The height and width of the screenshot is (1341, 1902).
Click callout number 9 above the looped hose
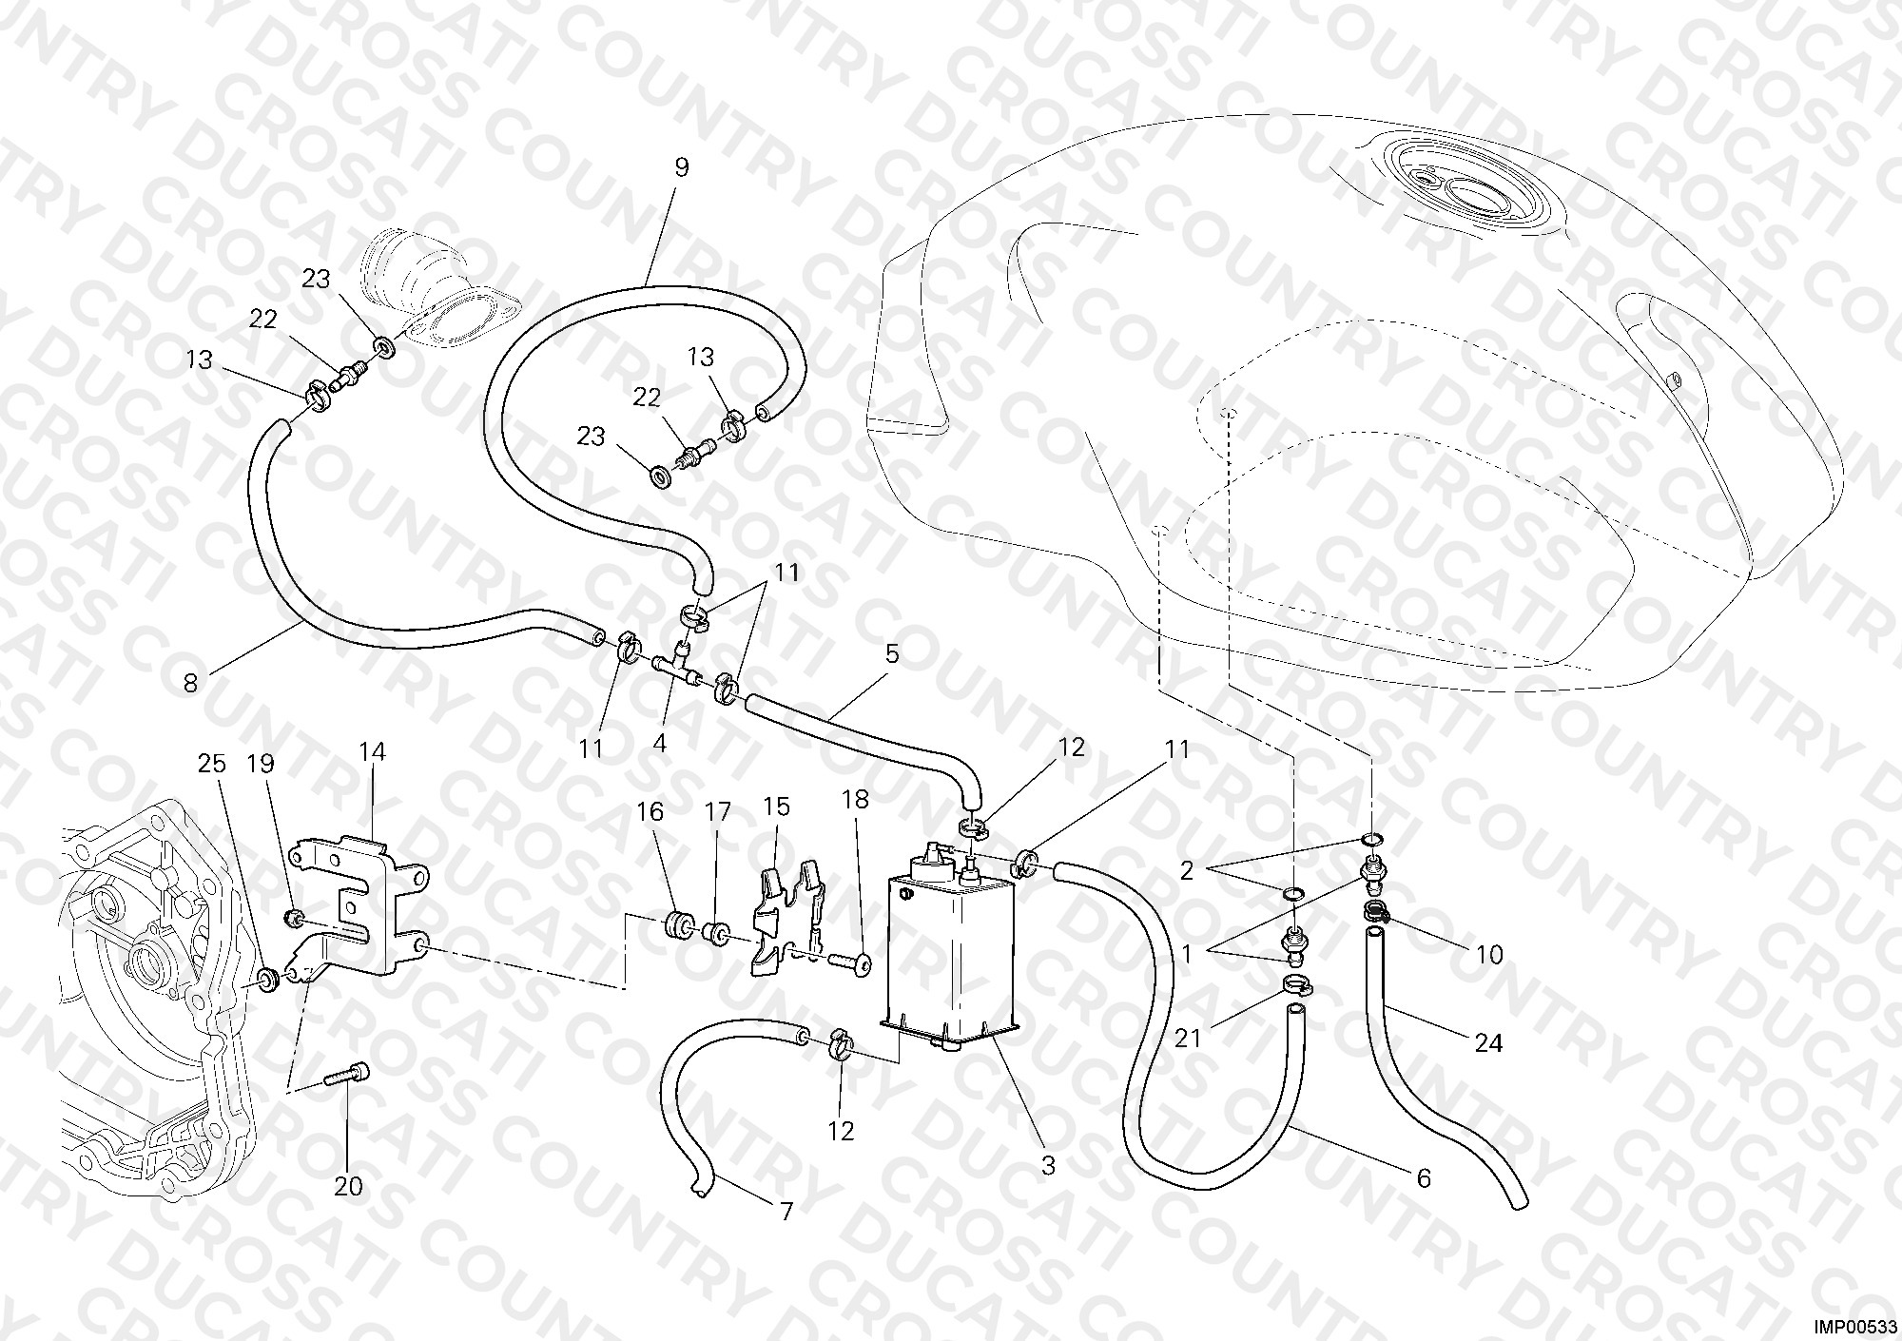(681, 167)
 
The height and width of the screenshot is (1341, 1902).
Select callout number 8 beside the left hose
(191, 683)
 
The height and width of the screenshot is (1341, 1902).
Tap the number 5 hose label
(891, 654)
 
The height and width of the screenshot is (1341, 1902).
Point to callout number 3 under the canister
(1048, 1166)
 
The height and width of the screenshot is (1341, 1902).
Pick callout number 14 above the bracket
(372, 752)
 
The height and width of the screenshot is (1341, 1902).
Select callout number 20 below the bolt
(348, 1187)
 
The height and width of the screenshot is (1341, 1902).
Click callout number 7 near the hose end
(786, 1212)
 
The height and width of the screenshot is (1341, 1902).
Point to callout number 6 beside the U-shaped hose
(1424, 1178)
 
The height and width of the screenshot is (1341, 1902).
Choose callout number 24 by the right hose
(1488, 1043)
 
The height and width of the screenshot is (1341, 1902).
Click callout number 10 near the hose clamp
(1489, 954)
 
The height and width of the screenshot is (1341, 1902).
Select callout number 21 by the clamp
(1188, 1039)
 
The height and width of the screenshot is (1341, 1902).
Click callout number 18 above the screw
(856, 800)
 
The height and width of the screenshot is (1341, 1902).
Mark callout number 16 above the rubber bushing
(650, 811)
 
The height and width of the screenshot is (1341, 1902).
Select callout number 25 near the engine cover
(212, 764)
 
